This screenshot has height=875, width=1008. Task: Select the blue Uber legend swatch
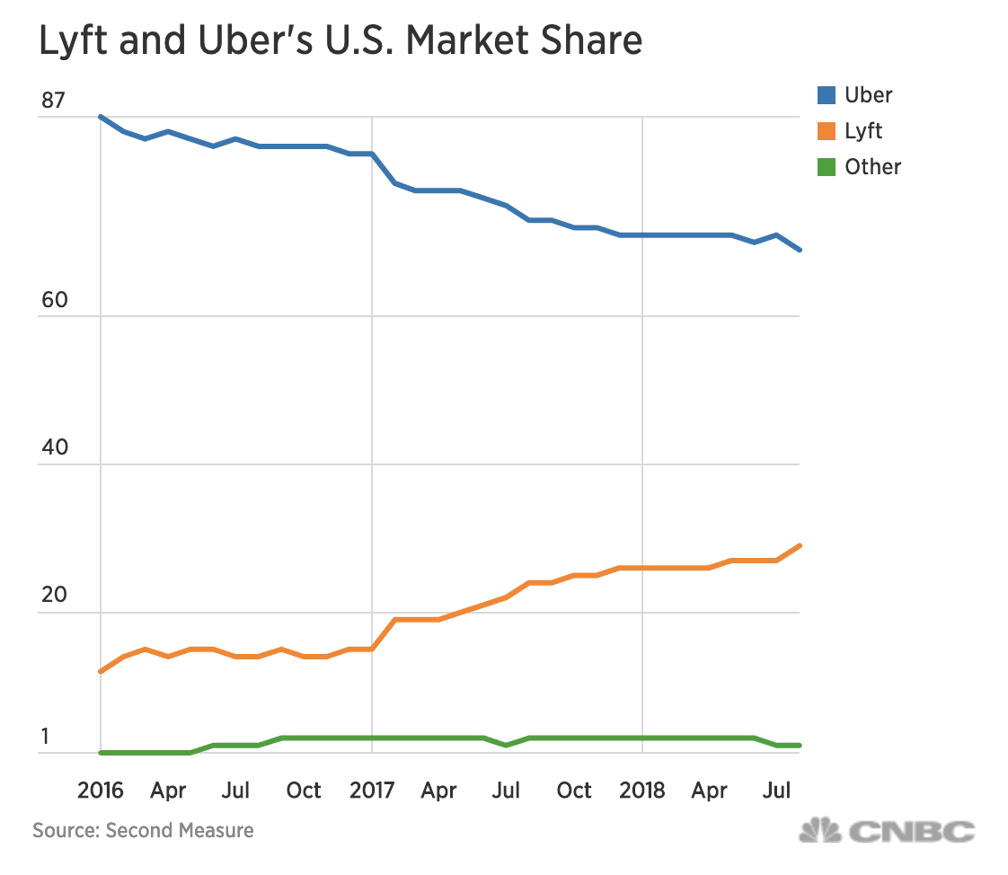[x=827, y=95]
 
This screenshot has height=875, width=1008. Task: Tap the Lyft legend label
[x=863, y=131]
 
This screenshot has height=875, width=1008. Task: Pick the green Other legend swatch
[x=827, y=167]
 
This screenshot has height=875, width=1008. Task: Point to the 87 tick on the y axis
[x=53, y=101]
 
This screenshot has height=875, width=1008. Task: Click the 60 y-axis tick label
[x=54, y=300]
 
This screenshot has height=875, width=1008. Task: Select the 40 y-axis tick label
[x=54, y=448]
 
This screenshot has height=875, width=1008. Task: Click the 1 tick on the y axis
[x=45, y=737]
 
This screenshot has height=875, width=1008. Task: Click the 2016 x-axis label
[x=100, y=791]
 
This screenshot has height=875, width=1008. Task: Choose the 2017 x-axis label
[x=371, y=791]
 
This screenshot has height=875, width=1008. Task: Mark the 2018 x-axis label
[x=642, y=791]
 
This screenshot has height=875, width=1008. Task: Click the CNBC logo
[x=887, y=831]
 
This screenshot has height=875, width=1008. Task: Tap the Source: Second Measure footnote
[x=143, y=830]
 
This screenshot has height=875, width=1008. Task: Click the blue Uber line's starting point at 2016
[x=100, y=117]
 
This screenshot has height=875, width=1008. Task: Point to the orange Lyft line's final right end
[x=800, y=545]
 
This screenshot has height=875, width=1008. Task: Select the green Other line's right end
[x=800, y=746]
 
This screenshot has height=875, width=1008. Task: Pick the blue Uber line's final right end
[x=800, y=250]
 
